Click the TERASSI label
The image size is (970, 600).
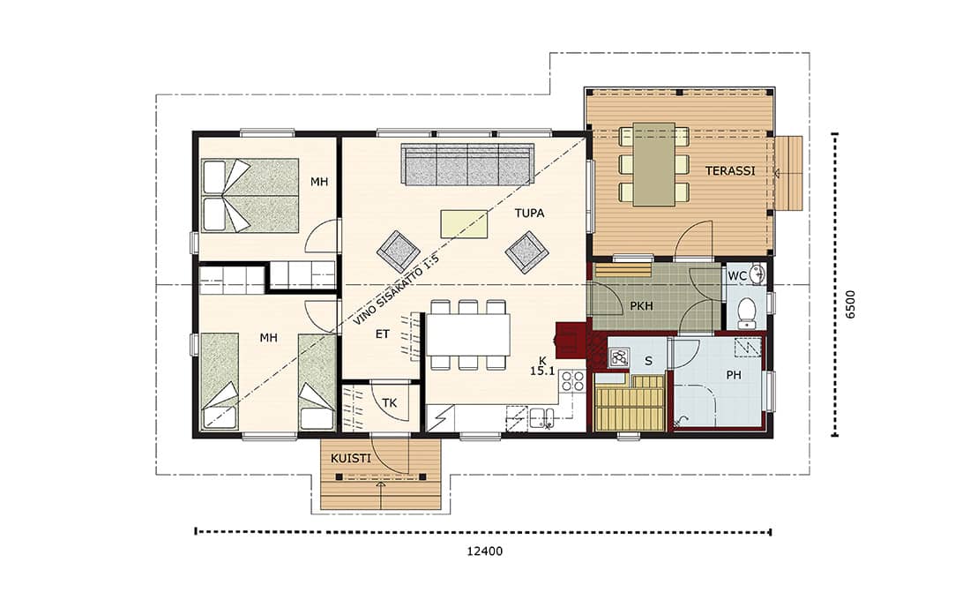click(730, 170)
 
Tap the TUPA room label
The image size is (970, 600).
click(530, 213)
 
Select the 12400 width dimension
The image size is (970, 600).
click(485, 551)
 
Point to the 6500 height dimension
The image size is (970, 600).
click(850, 304)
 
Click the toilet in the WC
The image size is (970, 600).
click(747, 313)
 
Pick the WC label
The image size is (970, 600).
click(736, 275)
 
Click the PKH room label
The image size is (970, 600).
click(641, 306)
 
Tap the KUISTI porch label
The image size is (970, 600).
click(351, 458)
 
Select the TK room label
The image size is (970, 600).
click(389, 403)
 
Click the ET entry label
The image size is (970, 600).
click(383, 334)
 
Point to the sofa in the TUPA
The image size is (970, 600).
click(467, 164)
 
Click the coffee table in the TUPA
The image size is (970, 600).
click(464, 223)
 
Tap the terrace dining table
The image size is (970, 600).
click(654, 163)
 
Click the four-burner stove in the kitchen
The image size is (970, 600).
click(573, 381)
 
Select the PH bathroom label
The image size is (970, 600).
click(734, 375)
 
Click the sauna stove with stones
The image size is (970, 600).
click(619, 357)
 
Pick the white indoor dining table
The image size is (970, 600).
click(468, 334)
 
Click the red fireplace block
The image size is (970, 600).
click(569, 341)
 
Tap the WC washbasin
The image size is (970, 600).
click(756, 273)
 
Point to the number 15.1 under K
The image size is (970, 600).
click(542, 372)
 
